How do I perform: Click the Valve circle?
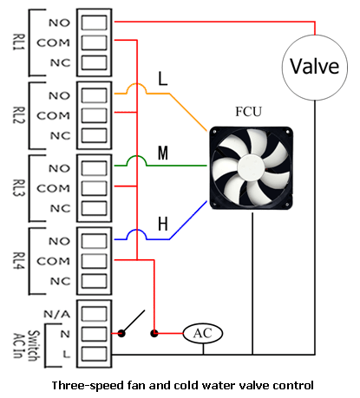(315, 68)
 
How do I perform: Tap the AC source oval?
(203, 333)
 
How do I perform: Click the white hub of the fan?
(251, 167)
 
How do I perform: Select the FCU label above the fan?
(248, 112)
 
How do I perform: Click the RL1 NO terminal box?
(94, 23)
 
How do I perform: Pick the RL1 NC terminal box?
(94, 62)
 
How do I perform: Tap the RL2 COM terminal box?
(94, 115)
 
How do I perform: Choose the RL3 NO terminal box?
(94, 168)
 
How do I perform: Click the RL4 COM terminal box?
(94, 261)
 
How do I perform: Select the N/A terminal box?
(94, 314)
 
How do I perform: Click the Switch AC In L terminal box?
(94, 354)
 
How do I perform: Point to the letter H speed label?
(163, 224)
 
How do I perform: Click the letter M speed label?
(163, 153)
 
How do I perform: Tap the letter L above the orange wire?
(163, 78)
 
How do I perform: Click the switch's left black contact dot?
(121, 334)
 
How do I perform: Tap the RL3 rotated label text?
(19, 188)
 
